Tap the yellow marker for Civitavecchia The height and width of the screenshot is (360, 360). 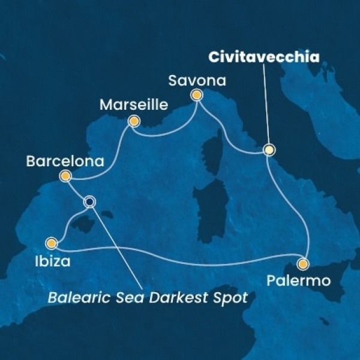click(x=269, y=150)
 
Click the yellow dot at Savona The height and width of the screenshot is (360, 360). click(x=196, y=95)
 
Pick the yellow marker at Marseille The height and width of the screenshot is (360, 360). click(x=134, y=122)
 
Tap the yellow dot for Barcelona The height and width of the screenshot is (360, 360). click(x=65, y=176)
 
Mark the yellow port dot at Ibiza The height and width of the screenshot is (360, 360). click(x=52, y=244)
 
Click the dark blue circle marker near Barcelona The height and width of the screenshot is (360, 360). click(x=89, y=202)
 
